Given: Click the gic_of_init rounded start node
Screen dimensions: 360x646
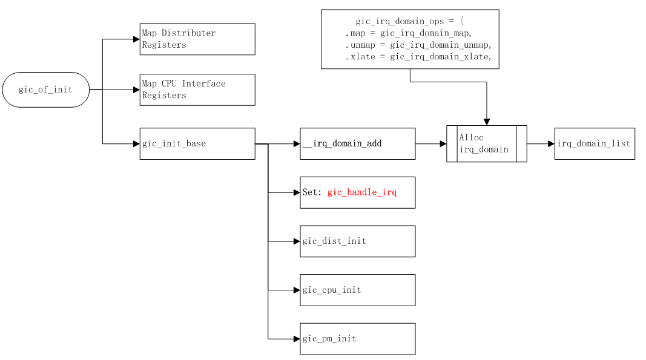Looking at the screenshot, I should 46,90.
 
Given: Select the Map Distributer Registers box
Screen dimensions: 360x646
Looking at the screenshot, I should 197,39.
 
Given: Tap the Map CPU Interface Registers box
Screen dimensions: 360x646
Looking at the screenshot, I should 197,90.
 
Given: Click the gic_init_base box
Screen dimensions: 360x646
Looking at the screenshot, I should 197,144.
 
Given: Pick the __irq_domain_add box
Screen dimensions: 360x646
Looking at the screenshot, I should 357,144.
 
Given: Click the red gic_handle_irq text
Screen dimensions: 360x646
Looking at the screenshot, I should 362,192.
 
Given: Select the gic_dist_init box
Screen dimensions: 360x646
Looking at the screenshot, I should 357,241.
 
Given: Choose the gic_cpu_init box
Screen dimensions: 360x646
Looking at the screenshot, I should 357,290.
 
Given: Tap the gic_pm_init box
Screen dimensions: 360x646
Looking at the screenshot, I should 357,339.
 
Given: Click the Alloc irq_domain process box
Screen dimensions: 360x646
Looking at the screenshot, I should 486,144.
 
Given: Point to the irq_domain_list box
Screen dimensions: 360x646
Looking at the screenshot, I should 594,144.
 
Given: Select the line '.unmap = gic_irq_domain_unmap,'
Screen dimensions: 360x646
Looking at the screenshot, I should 418,45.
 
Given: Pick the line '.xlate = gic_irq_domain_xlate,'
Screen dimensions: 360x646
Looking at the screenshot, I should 418,57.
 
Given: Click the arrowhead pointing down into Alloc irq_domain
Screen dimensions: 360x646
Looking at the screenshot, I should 487,122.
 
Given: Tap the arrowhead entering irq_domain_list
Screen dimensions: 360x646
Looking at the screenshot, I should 551,144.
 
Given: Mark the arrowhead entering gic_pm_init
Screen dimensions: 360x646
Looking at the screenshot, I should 297,339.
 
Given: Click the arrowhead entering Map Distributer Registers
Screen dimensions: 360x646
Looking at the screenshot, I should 136,39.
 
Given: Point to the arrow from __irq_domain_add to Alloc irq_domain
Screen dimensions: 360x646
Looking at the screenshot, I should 430,144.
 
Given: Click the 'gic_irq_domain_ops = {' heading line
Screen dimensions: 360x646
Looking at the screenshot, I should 410,21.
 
